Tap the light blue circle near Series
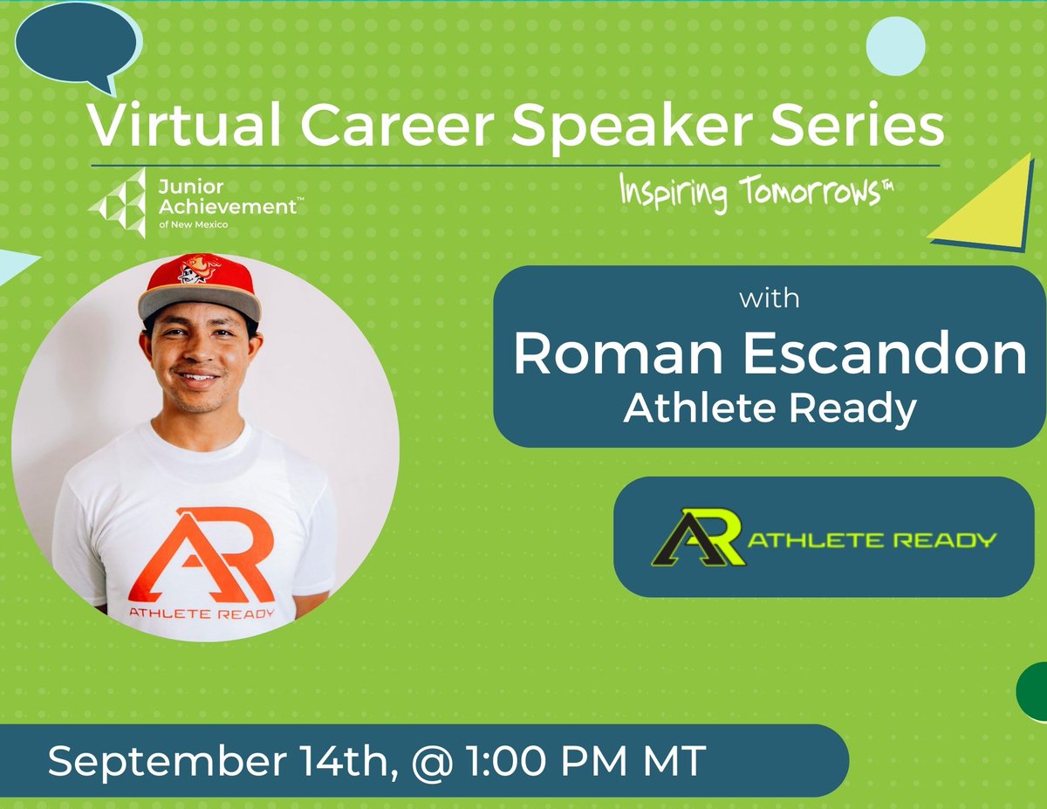tap(896, 45)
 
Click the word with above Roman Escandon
tap(769, 299)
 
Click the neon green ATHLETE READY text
tap(870, 539)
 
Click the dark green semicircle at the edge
tap(1033, 691)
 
